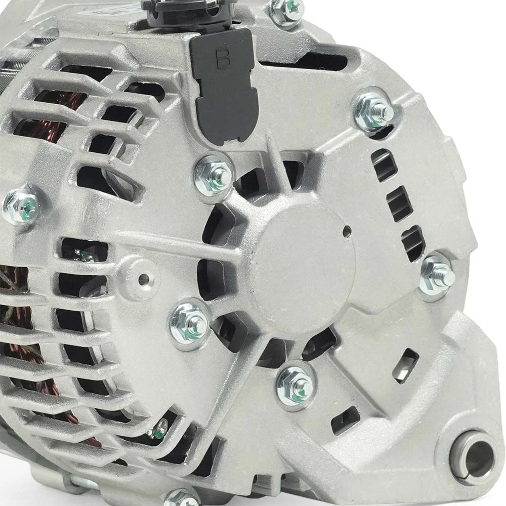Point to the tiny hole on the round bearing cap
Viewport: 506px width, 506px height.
347,230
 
